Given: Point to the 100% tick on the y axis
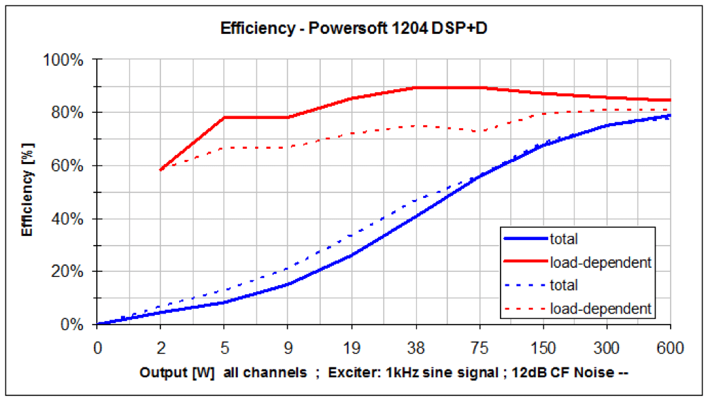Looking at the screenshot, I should coord(68,60).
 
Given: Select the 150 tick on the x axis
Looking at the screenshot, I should coord(543,345).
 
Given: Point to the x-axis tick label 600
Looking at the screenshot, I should coord(670,345).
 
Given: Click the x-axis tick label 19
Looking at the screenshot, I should coord(352,345).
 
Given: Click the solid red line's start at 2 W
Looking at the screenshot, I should coord(161,170).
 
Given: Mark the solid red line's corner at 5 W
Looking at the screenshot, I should coord(225,118).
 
